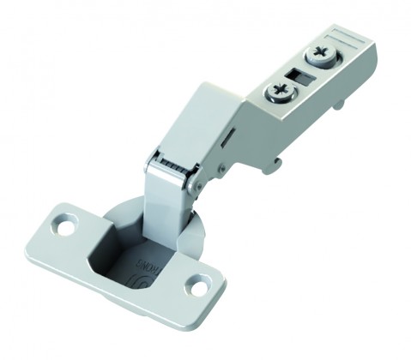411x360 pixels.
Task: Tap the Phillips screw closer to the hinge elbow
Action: click(x=281, y=91)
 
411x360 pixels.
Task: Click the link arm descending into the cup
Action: click(x=163, y=201)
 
